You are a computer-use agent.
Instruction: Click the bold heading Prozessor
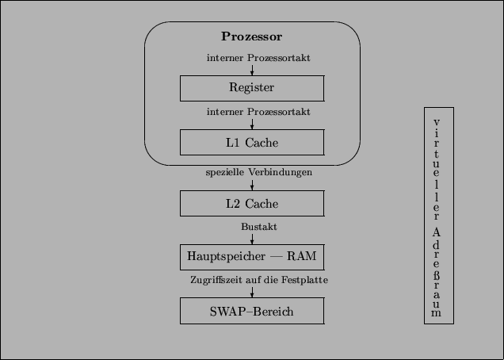pyautogui.click(x=252, y=36)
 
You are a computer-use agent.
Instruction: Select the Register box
pyautogui.click(x=252, y=88)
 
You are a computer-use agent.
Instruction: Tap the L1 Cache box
pyautogui.click(x=252, y=143)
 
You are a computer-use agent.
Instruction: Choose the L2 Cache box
pyautogui.click(x=252, y=203)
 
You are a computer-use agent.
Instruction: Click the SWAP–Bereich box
pyautogui.click(x=252, y=311)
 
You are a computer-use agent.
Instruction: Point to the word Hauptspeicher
pyautogui.click(x=224, y=256)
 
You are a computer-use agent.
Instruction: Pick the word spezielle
pyautogui.click(x=225, y=172)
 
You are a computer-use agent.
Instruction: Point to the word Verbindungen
pyautogui.click(x=280, y=172)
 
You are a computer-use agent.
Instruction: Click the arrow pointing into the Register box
pyautogui.click(x=252, y=71)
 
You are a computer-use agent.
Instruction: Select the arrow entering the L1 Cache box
pyautogui.click(x=252, y=124)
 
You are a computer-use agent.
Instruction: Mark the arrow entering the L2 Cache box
pyautogui.click(x=252, y=185)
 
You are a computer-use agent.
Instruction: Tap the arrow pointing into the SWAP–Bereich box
pyautogui.click(x=252, y=293)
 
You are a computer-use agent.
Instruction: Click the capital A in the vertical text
pyautogui.click(x=438, y=233)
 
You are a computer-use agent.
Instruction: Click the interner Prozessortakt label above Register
pyautogui.click(x=258, y=58)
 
